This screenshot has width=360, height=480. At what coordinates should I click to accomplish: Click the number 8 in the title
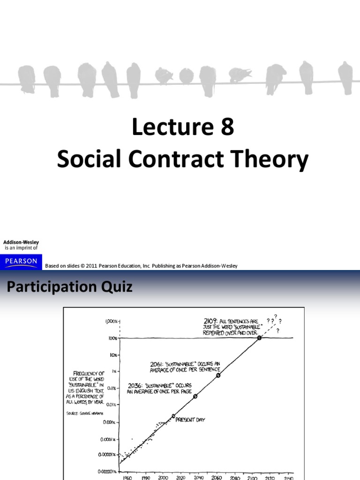[x=227, y=127]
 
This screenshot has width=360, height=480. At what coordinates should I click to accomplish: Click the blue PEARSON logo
[x=21, y=261]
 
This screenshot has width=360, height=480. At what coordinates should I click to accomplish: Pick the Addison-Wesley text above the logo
[x=22, y=242]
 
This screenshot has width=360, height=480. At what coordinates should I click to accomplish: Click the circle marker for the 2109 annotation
[x=259, y=338]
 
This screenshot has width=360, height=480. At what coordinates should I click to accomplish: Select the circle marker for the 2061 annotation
[x=218, y=375]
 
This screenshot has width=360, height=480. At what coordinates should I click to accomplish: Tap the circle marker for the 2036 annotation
[x=195, y=396]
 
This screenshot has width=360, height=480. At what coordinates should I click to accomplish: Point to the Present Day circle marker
[x=173, y=416]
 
